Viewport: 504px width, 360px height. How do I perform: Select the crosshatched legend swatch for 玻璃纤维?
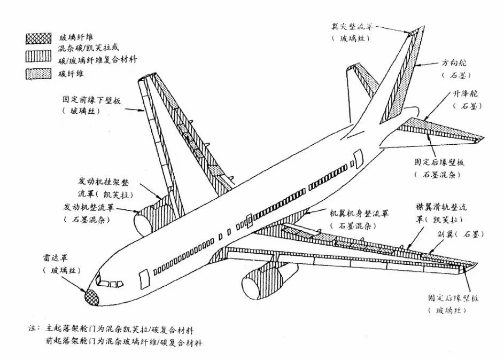(35, 38)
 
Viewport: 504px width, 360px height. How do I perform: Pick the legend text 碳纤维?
(72, 73)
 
